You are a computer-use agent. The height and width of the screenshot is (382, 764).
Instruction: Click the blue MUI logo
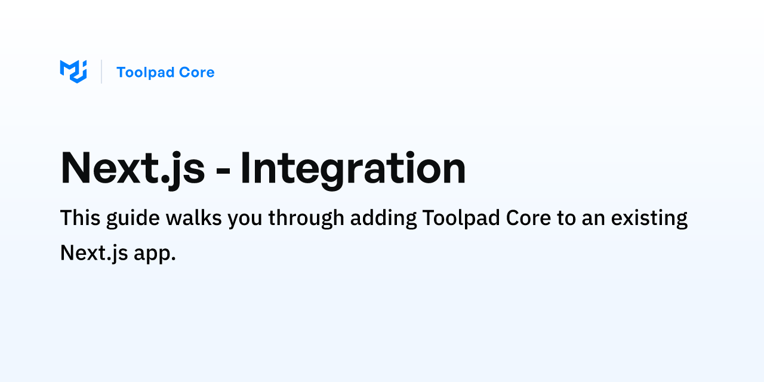pyautogui.click(x=73, y=72)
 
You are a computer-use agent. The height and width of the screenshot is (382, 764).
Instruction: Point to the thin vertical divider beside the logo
pyautogui.click(x=101, y=72)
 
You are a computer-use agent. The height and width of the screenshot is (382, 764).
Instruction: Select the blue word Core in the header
pyautogui.click(x=197, y=72)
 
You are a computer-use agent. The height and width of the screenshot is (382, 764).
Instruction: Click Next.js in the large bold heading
pyautogui.click(x=133, y=169)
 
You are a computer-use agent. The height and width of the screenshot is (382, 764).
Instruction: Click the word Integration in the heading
pyautogui.click(x=353, y=169)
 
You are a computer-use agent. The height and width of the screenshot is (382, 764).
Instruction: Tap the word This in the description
pyautogui.click(x=80, y=218)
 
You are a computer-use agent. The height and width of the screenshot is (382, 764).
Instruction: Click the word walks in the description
pyautogui.click(x=193, y=218)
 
